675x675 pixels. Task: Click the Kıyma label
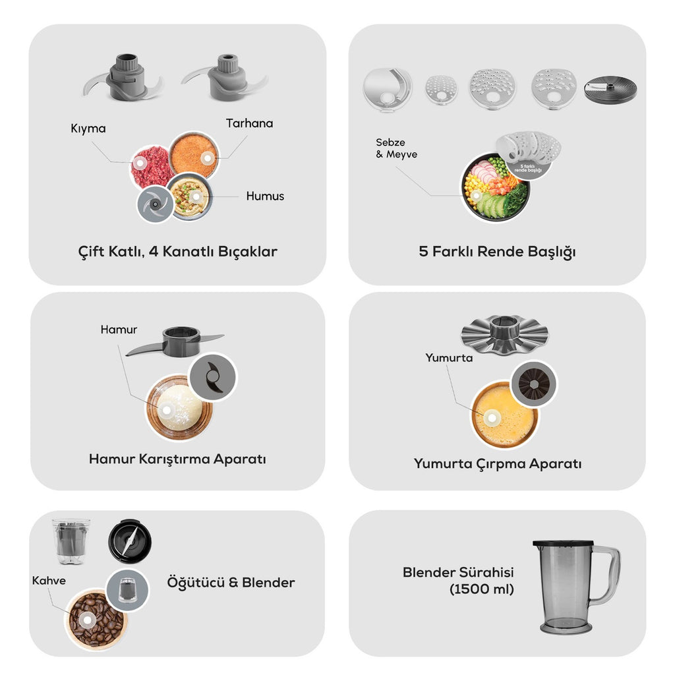(x=88, y=129)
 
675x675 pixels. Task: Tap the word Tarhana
(x=249, y=123)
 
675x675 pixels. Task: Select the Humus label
(x=265, y=196)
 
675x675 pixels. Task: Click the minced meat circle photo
(x=151, y=167)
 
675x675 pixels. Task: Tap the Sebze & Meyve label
(x=396, y=148)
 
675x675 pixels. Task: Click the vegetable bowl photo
(x=495, y=187)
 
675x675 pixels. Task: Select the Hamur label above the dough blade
(x=119, y=330)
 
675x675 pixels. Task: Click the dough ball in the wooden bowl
(x=179, y=407)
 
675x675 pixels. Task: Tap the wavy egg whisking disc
(x=504, y=333)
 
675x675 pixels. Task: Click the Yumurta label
(x=448, y=358)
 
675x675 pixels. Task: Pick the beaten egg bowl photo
(x=504, y=415)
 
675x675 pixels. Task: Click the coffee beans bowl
(x=96, y=619)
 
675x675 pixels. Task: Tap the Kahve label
(x=49, y=580)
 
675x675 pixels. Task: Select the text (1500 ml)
(x=481, y=589)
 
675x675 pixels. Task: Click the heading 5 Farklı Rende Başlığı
(x=497, y=252)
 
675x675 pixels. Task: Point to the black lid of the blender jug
(x=563, y=544)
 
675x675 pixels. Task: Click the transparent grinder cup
(x=71, y=541)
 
